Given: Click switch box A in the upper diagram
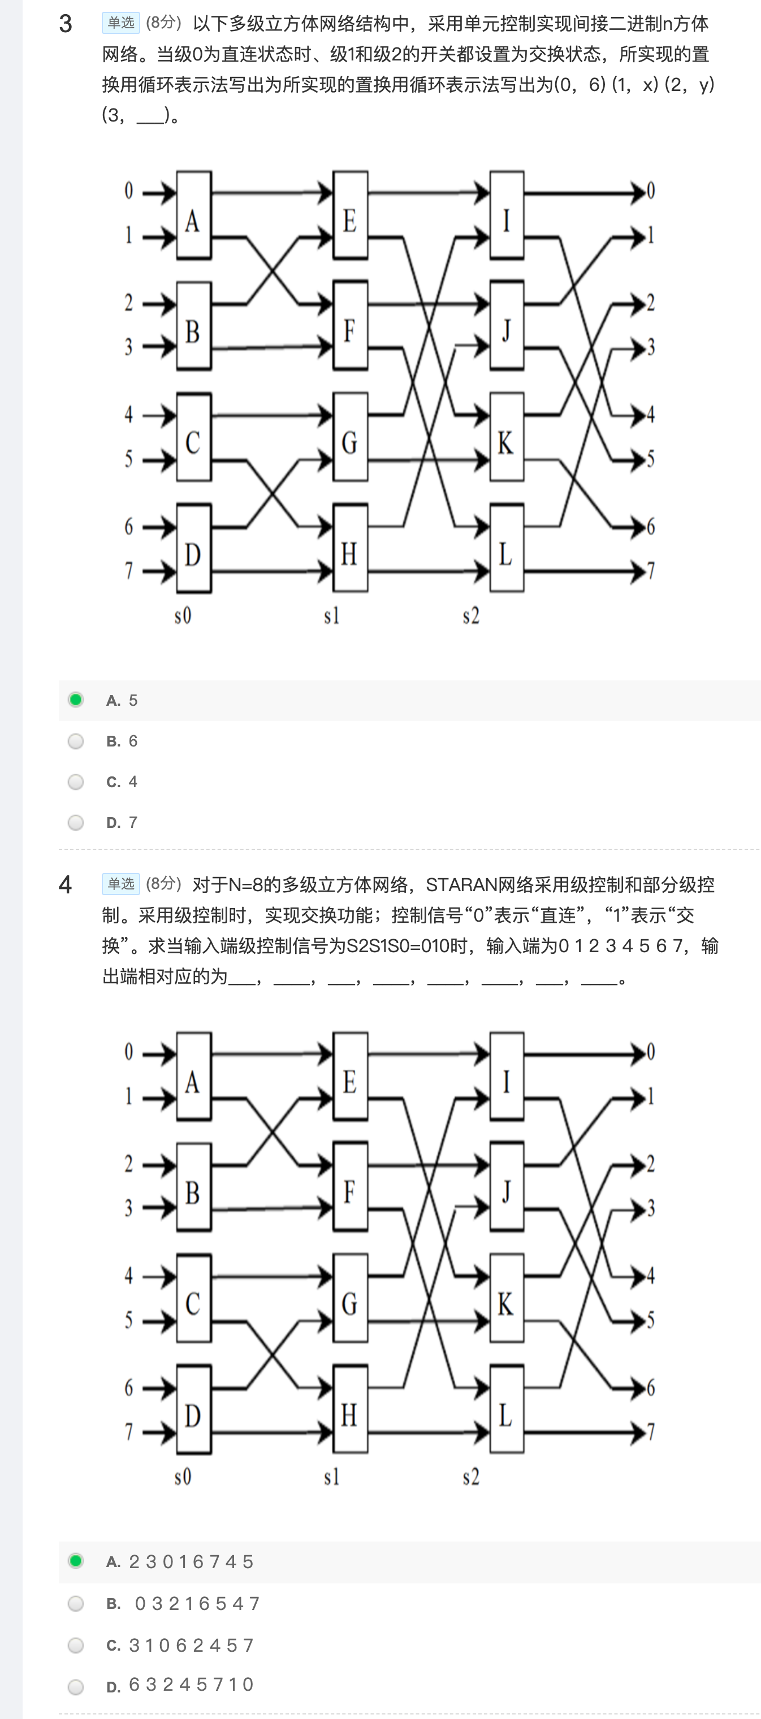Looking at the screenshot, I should click(x=193, y=215).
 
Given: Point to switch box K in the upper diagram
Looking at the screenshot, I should click(x=507, y=437).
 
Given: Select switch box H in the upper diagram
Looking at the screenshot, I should click(x=351, y=549).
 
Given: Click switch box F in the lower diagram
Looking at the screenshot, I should click(x=351, y=1187).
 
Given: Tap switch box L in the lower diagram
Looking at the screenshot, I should click(x=507, y=1409).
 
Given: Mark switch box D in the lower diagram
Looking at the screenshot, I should click(x=193, y=1409).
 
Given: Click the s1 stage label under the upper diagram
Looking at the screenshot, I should click(x=332, y=615).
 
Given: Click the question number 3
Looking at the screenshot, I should click(x=66, y=24).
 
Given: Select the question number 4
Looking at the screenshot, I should click(x=66, y=885).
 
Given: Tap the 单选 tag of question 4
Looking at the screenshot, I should click(x=121, y=884).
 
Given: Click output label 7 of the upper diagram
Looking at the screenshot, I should click(x=651, y=571).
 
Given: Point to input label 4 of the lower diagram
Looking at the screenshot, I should click(x=129, y=1276).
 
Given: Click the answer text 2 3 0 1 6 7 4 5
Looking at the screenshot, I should click(x=192, y=1561).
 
